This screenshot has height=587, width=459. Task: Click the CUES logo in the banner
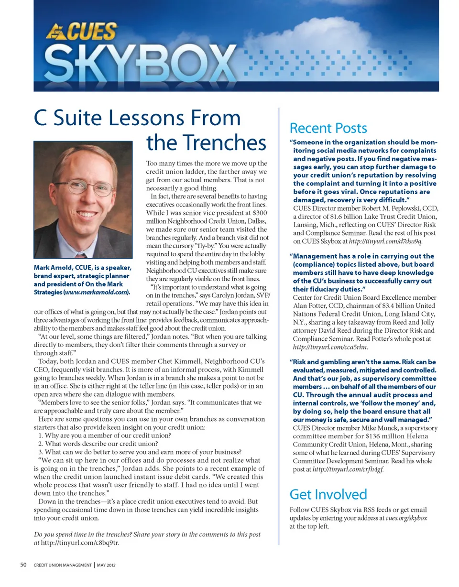tap(81, 32)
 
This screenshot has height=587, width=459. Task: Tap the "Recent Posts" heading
tap(328, 128)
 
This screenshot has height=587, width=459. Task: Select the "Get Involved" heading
tap(328, 494)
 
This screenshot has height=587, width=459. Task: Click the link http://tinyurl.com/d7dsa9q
tap(386, 241)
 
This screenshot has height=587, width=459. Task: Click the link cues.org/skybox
tap(406, 518)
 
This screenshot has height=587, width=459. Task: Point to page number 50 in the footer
tap(23, 565)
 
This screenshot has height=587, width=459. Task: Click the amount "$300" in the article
tap(259, 212)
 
